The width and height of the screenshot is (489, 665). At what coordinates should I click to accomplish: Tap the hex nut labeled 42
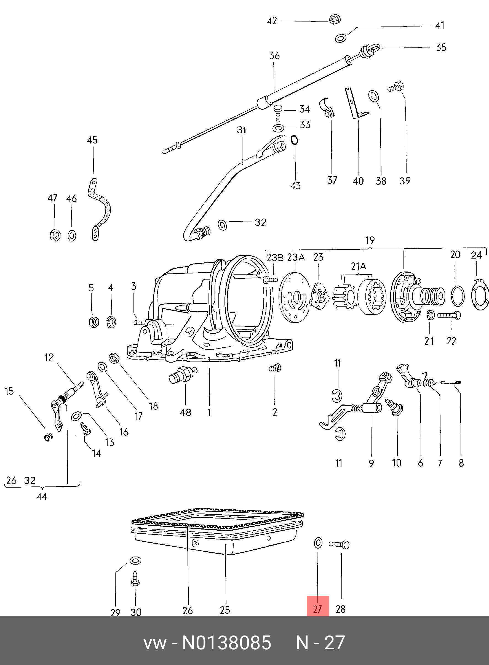pos(335,20)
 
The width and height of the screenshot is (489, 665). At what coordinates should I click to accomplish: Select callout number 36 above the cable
pos(274,56)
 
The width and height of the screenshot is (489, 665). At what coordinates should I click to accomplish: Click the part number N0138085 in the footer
pos(226,642)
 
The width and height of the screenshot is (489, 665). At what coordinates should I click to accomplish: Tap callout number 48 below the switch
pos(186,413)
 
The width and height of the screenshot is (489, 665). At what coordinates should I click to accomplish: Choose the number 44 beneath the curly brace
pos(42,496)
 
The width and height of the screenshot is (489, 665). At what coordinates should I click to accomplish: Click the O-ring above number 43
pos(294,140)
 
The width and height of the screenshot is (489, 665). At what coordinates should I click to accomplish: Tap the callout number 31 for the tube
pos(242,130)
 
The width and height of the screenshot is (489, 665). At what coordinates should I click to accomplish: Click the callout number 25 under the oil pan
pos(225,610)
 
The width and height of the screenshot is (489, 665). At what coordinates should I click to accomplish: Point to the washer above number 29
pos(135,560)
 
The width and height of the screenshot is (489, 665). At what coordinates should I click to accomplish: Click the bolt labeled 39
pos(396,87)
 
